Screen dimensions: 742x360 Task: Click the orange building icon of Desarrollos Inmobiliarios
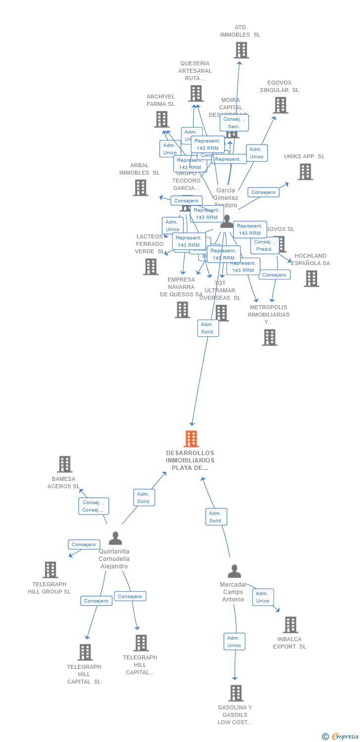(x=191, y=439)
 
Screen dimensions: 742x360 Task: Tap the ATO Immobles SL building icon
(x=241, y=50)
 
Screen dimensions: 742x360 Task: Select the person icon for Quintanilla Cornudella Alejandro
(x=115, y=538)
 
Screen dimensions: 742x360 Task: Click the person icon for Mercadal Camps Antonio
(x=234, y=571)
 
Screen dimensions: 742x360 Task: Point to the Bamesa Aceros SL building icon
(x=65, y=464)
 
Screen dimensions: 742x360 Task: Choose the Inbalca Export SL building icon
(x=290, y=625)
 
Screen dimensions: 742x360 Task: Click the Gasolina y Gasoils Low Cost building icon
(x=236, y=693)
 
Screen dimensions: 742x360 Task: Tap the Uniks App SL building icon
(x=305, y=172)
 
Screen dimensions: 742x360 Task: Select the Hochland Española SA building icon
(x=311, y=278)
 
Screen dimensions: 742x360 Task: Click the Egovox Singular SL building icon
(x=280, y=105)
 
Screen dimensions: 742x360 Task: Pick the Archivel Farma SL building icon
(x=162, y=119)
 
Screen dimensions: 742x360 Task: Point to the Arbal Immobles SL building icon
(x=140, y=187)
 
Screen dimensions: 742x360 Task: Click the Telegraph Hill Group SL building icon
(x=50, y=570)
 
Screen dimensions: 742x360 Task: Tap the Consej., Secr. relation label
(x=234, y=123)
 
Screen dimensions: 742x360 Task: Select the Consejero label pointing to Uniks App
(x=263, y=192)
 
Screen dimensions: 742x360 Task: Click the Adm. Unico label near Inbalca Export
(x=263, y=597)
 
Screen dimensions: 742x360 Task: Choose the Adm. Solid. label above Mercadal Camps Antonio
(x=216, y=517)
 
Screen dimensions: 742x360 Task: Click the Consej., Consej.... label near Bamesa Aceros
(x=93, y=506)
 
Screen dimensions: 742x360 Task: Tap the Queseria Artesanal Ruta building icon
(x=196, y=93)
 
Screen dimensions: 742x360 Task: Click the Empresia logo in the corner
(x=340, y=737)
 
